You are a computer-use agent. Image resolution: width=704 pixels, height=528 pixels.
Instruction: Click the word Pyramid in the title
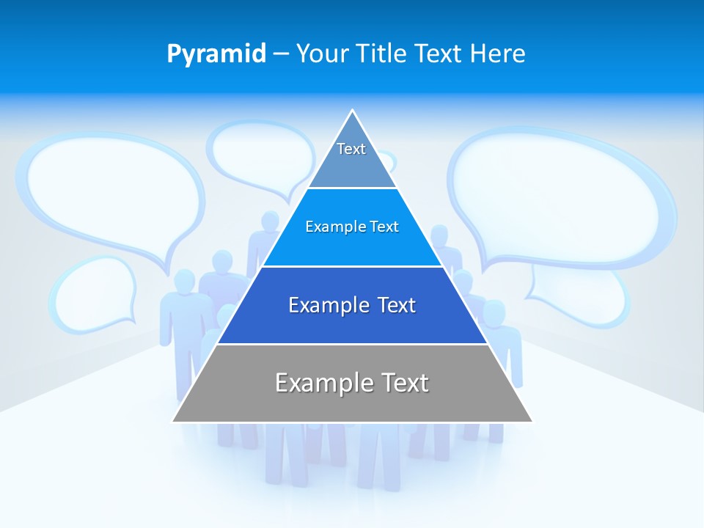point(216,54)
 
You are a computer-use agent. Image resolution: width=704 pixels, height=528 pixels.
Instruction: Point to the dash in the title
point(281,54)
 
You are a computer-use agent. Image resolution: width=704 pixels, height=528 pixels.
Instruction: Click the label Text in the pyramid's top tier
point(351,149)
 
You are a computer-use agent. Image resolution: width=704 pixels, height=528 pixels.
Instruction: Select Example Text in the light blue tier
point(352,227)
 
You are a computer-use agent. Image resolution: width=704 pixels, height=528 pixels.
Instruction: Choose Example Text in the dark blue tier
point(352,305)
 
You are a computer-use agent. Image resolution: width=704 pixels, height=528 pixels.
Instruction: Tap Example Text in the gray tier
point(352,383)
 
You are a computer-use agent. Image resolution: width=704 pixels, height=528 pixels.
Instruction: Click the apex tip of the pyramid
point(353,111)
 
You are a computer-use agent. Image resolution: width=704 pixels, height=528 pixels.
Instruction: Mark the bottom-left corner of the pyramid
point(174,421)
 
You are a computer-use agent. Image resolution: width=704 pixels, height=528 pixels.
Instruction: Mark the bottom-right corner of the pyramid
point(532,421)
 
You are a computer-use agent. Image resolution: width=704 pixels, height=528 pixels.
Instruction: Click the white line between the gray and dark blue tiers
point(352,344)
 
